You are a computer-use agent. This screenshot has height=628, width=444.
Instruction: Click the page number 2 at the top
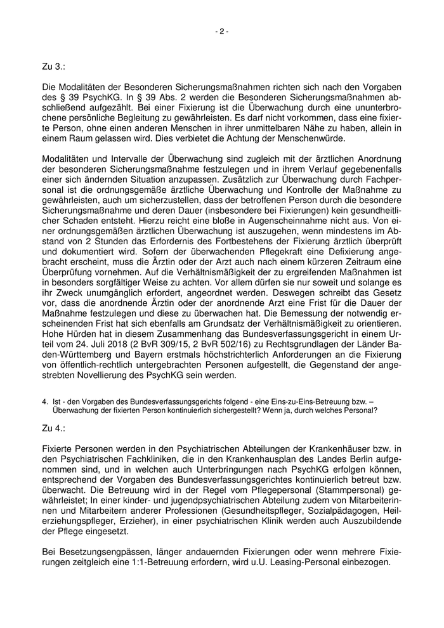point(221,31)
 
